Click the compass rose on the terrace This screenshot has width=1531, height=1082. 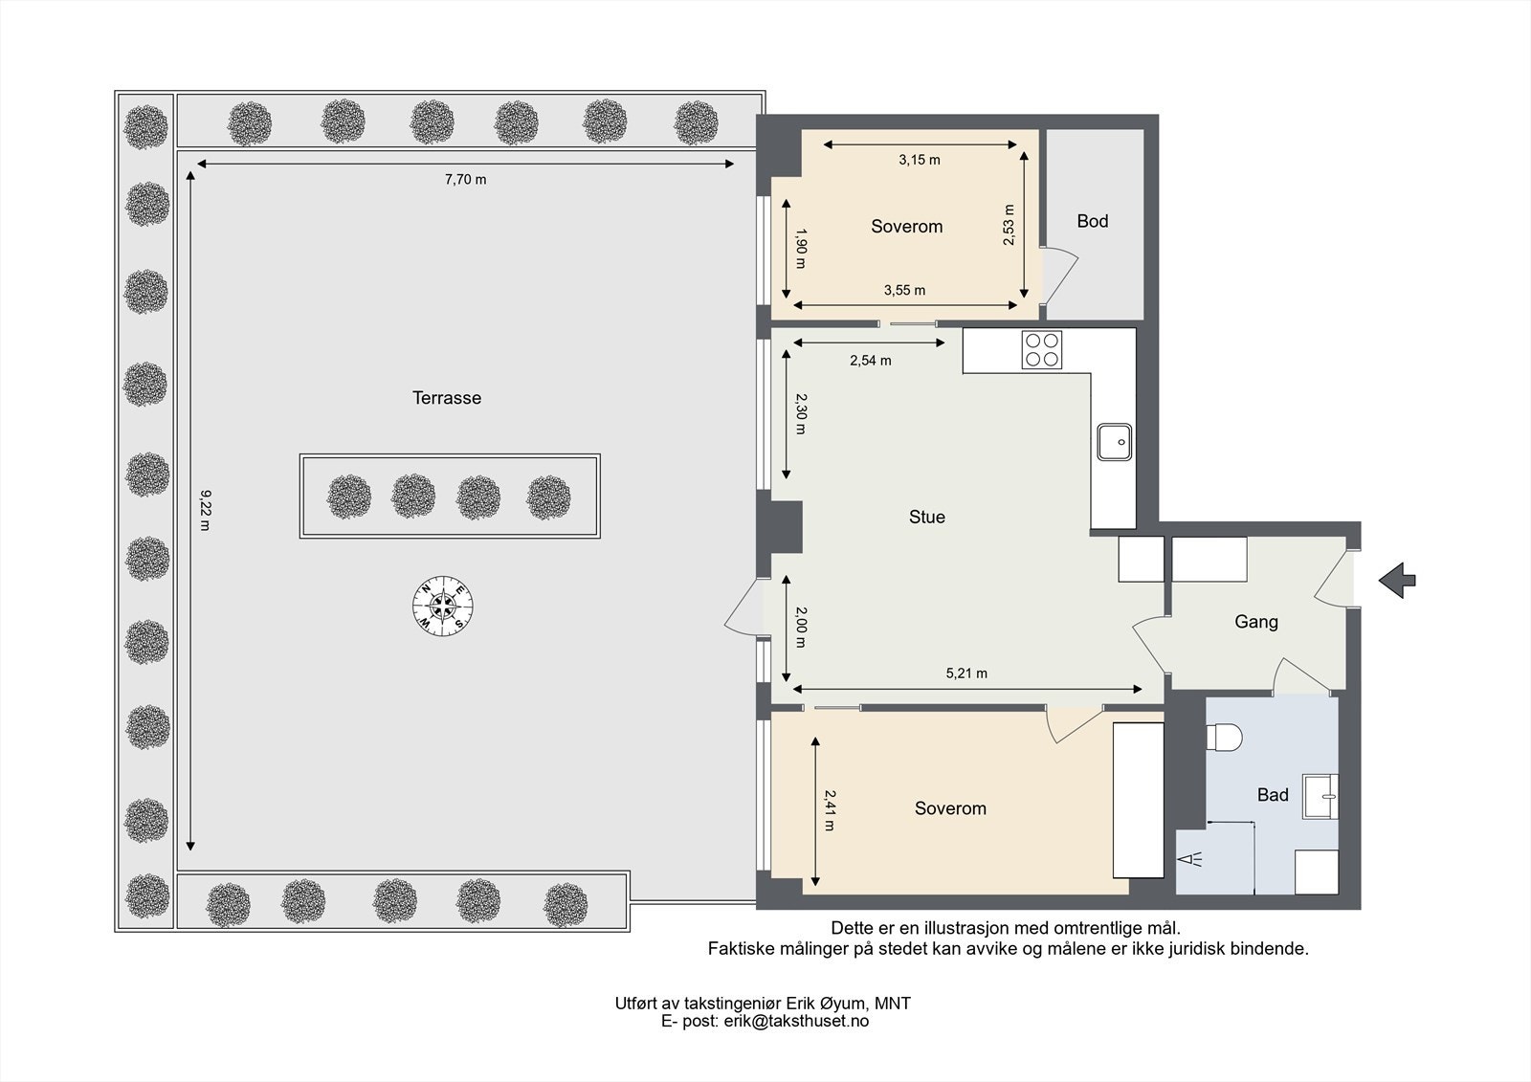(443, 606)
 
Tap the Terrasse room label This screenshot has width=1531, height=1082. (447, 398)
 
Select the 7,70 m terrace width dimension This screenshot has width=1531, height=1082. (465, 179)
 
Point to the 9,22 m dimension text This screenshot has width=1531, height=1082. (206, 510)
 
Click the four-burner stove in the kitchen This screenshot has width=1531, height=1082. (1042, 349)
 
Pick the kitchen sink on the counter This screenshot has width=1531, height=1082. (1114, 442)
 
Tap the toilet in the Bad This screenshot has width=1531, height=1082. (1224, 738)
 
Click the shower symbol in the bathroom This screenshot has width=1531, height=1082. (1190, 859)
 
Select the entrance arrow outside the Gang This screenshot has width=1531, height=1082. (1397, 581)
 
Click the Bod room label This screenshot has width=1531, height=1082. (1092, 221)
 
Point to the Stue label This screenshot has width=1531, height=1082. (927, 517)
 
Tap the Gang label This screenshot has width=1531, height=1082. (1256, 622)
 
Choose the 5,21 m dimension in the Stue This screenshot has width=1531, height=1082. (966, 673)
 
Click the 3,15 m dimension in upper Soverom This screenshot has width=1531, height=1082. (920, 160)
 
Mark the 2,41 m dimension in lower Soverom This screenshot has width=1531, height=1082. (830, 810)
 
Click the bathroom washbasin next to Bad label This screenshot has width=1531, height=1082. (1320, 796)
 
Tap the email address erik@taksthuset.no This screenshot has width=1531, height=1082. (796, 1021)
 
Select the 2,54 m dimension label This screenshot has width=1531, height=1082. (870, 361)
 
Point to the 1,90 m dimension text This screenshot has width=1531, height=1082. (801, 248)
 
